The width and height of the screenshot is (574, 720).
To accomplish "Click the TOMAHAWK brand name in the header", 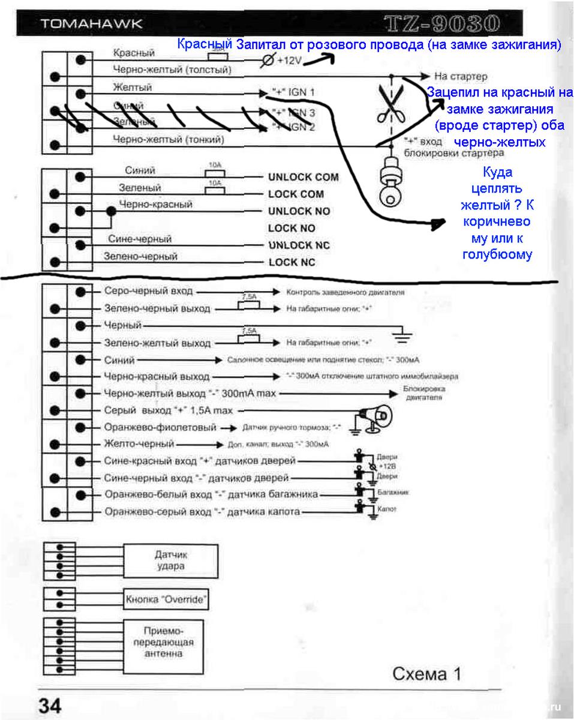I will point(91,25).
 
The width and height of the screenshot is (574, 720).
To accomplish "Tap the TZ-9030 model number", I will point(442,23).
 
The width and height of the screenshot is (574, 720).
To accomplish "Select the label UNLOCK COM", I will point(303,178).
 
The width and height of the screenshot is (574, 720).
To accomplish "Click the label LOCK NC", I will point(291,263).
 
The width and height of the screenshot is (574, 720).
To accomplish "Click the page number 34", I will point(50,705).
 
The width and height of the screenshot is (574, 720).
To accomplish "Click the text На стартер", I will point(461,77).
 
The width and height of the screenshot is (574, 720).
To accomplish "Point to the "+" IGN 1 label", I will point(293,93).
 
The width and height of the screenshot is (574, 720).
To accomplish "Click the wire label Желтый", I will point(132,88).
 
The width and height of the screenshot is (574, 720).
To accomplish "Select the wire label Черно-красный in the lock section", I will point(155,205).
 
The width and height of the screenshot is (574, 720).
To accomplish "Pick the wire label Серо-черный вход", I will point(148,291).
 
